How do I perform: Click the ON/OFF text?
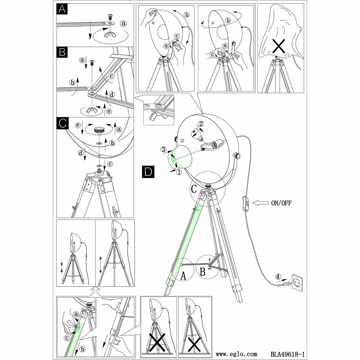pos(281,203)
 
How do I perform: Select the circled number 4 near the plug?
pos(278,277)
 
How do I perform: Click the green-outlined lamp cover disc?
pos(183,157)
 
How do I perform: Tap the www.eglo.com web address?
pos(237,354)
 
